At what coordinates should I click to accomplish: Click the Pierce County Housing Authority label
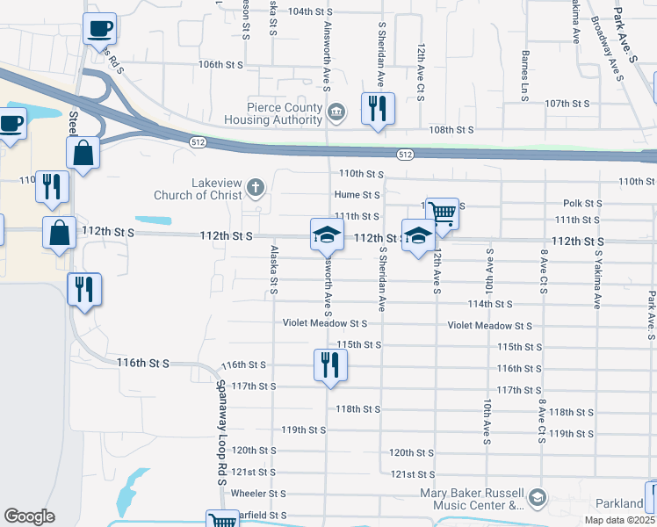tap(272, 113)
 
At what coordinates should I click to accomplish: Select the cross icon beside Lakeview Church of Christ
tap(256, 186)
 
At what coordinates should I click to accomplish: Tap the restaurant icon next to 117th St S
tap(330, 365)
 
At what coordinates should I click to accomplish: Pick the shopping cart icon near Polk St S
tap(443, 213)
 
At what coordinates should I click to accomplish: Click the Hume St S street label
tap(357, 195)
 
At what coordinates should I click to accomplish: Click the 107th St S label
tap(567, 104)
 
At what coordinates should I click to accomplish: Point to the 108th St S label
tap(451, 130)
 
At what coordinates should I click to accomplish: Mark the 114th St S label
tap(490, 304)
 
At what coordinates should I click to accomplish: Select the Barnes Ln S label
tap(524, 76)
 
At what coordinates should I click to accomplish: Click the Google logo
tap(29, 516)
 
